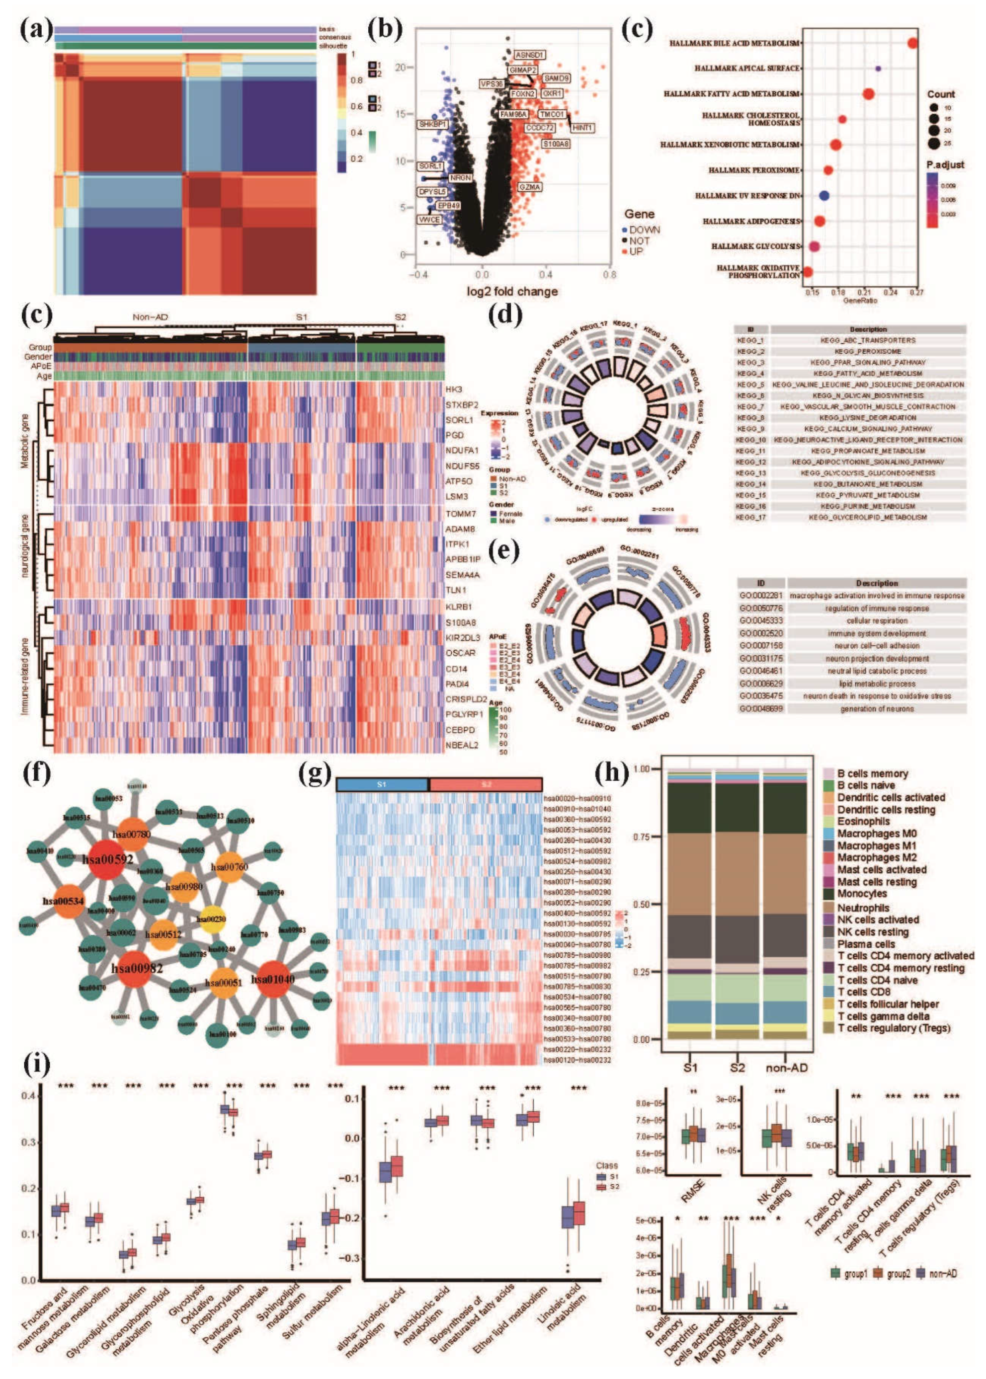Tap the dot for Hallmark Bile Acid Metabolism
pyautogui.click(x=912, y=43)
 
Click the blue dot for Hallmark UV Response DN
pyautogui.click(x=824, y=195)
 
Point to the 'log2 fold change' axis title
pyautogui.click(x=512, y=291)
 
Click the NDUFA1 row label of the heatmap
pyautogui.click(x=462, y=451)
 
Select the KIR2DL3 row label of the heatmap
pyautogui.click(x=463, y=638)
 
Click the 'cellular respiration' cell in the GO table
pyautogui.click(x=877, y=621)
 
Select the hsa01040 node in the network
pyautogui.click(x=273, y=979)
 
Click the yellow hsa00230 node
pyautogui.click(x=211, y=919)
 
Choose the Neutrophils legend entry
pyautogui.click(x=863, y=908)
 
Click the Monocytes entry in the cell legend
pyautogui.click(x=862, y=894)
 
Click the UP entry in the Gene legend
pyautogui.click(x=635, y=251)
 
